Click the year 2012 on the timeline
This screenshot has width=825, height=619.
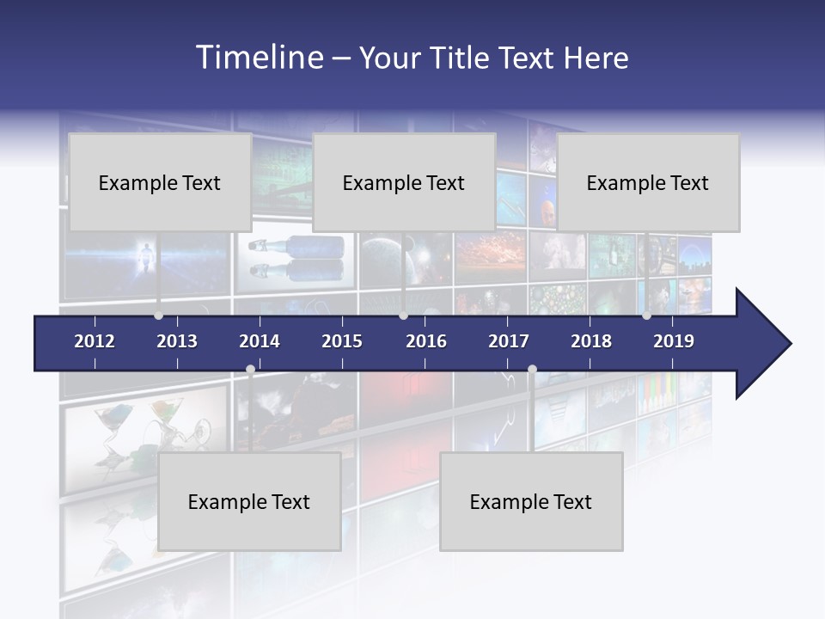tap(95, 341)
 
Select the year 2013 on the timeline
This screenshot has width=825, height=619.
tap(177, 341)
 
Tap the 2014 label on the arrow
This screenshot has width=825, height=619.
tap(260, 341)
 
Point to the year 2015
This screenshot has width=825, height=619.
tap(342, 341)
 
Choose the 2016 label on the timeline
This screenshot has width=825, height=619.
tap(426, 341)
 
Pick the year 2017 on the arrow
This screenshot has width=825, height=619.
tap(509, 341)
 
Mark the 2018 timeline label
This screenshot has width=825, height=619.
tap(591, 341)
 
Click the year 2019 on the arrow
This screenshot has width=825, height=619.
tap(674, 341)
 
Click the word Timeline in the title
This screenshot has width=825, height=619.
tap(259, 58)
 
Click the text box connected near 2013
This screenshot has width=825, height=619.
tap(160, 182)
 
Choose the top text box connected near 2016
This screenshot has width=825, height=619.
tap(404, 182)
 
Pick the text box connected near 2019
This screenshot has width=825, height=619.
tap(648, 182)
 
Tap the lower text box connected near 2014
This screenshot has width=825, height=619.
tap(249, 502)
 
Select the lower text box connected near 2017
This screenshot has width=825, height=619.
tap(531, 502)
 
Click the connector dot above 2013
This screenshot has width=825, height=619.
tap(158, 316)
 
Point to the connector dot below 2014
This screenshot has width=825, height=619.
tap(250, 370)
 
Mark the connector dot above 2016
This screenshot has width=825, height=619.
tap(403, 316)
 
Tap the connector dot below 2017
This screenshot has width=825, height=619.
tap(532, 370)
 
